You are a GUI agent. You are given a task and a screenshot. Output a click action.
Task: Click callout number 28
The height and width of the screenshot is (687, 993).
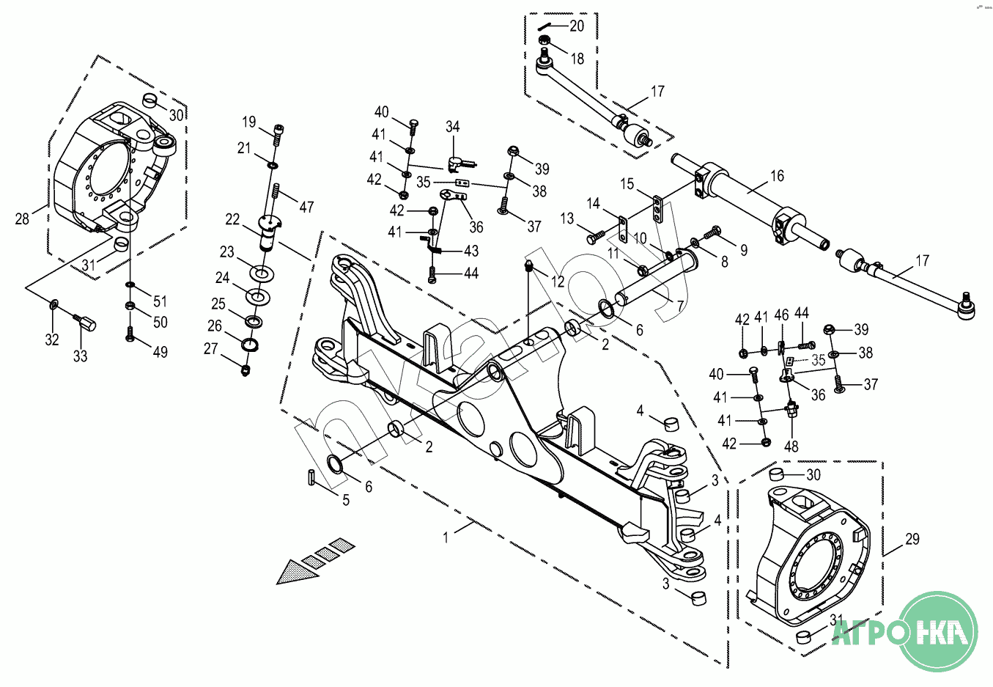(22, 218)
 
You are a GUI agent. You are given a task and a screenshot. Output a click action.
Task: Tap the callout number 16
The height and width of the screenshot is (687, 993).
(777, 176)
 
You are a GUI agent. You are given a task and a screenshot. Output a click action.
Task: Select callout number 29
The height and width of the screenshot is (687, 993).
(912, 539)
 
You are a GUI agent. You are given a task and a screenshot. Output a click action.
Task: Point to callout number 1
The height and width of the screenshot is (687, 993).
(446, 537)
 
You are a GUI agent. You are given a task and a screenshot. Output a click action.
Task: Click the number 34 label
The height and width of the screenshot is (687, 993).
(452, 126)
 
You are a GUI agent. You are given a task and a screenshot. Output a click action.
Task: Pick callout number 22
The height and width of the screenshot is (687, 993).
(232, 219)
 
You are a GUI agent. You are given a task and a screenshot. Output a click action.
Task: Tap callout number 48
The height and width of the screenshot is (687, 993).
(791, 446)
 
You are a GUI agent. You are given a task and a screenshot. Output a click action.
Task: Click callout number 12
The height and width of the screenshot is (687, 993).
(558, 282)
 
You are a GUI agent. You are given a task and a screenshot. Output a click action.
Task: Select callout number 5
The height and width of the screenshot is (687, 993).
(346, 500)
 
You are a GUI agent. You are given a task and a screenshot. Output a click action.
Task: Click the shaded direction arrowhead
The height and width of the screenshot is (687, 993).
(296, 573)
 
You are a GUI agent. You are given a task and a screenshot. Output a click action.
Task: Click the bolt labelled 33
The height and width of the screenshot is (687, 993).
(86, 323)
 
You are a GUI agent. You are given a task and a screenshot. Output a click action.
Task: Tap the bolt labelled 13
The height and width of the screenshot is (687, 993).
(595, 236)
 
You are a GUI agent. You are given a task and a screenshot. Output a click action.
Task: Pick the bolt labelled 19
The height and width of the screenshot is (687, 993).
(278, 135)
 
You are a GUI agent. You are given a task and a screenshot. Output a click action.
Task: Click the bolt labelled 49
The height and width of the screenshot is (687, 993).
(130, 334)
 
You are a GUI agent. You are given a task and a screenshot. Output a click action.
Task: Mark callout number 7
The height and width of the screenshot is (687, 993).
(681, 306)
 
